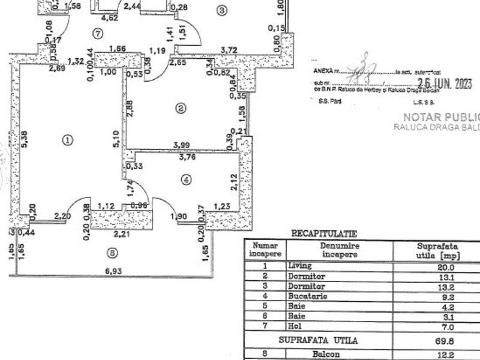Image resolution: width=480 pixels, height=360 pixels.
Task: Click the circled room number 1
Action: click(x=67, y=140)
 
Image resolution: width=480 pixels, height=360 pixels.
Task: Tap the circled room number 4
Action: click(x=187, y=179)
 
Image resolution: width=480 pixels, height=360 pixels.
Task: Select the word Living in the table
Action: click(x=300, y=265)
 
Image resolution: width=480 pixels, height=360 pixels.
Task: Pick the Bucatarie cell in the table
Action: click(x=307, y=295)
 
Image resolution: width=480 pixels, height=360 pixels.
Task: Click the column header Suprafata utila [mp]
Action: click(x=437, y=250)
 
